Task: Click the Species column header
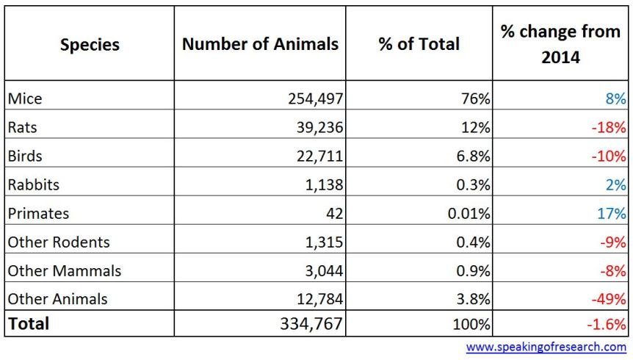89,44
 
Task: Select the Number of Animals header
260,44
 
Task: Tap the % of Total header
418,44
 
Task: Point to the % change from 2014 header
560,44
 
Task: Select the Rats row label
22,127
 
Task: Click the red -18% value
609,127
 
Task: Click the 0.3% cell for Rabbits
473,184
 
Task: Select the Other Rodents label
59,242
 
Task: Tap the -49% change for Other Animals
609,299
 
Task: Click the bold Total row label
29,323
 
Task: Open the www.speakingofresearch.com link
546,347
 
